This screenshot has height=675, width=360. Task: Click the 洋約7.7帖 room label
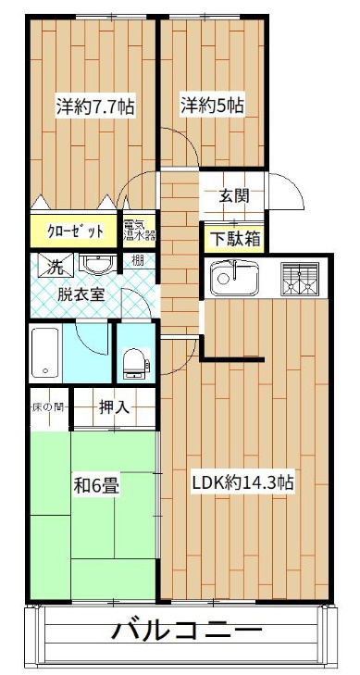(95, 106)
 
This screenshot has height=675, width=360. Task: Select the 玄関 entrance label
(233, 196)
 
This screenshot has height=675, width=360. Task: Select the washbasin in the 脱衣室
(96, 266)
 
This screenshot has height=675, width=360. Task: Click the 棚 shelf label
(137, 262)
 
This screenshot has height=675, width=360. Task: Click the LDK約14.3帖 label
(243, 482)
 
